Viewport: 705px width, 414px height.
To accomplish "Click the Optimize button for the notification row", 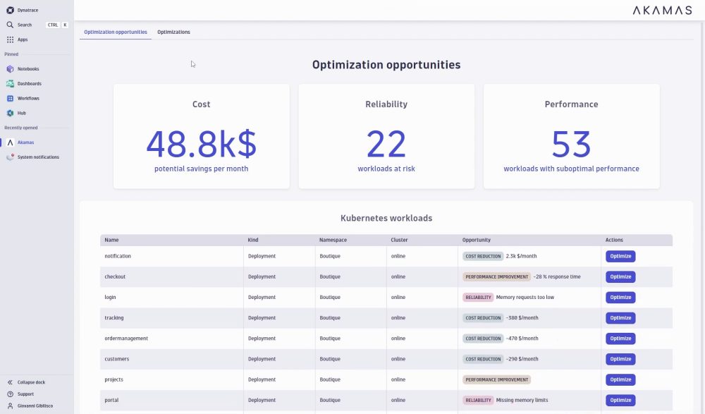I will tap(620, 256).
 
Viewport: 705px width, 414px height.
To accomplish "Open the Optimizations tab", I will tap(173, 32).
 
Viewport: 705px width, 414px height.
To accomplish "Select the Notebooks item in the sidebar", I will tap(28, 69).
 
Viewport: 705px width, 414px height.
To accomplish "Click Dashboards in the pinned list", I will tap(29, 84).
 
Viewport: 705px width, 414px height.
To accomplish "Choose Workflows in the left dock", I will tap(28, 98).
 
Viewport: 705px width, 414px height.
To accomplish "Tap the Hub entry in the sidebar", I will tap(22, 113).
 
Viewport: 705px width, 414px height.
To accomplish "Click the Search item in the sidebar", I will tap(25, 25).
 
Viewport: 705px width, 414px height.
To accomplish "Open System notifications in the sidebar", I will tap(38, 157).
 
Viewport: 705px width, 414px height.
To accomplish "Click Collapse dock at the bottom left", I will tap(31, 382).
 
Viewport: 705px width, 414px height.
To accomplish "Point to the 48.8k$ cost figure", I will tap(201, 144).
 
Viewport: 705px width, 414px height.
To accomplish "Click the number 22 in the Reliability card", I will tap(386, 144).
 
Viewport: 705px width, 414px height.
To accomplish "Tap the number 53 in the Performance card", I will tap(571, 144).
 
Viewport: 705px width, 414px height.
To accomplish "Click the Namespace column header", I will tap(333, 240).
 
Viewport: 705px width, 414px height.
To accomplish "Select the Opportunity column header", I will tap(477, 240).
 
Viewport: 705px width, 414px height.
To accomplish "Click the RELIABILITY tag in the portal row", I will tap(478, 401).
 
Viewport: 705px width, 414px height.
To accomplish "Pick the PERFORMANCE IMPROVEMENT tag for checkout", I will tap(496, 277).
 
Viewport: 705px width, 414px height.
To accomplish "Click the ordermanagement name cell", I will tap(126, 339).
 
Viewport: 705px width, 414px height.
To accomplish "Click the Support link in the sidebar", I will tap(25, 394).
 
